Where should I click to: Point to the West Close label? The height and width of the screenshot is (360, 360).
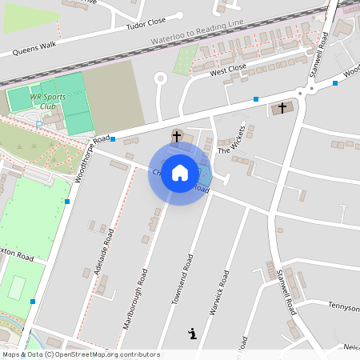pos(228,72)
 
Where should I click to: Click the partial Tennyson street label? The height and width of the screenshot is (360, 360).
pos(344,306)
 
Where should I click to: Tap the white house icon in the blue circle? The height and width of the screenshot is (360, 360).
pos(180,172)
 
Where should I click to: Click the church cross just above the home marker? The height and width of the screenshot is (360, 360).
pos(177,135)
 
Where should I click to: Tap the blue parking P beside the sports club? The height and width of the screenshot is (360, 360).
pos(39,123)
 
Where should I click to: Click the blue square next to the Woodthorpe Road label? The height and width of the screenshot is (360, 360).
pos(113,139)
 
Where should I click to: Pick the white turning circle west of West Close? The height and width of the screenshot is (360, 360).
pos(160,78)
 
